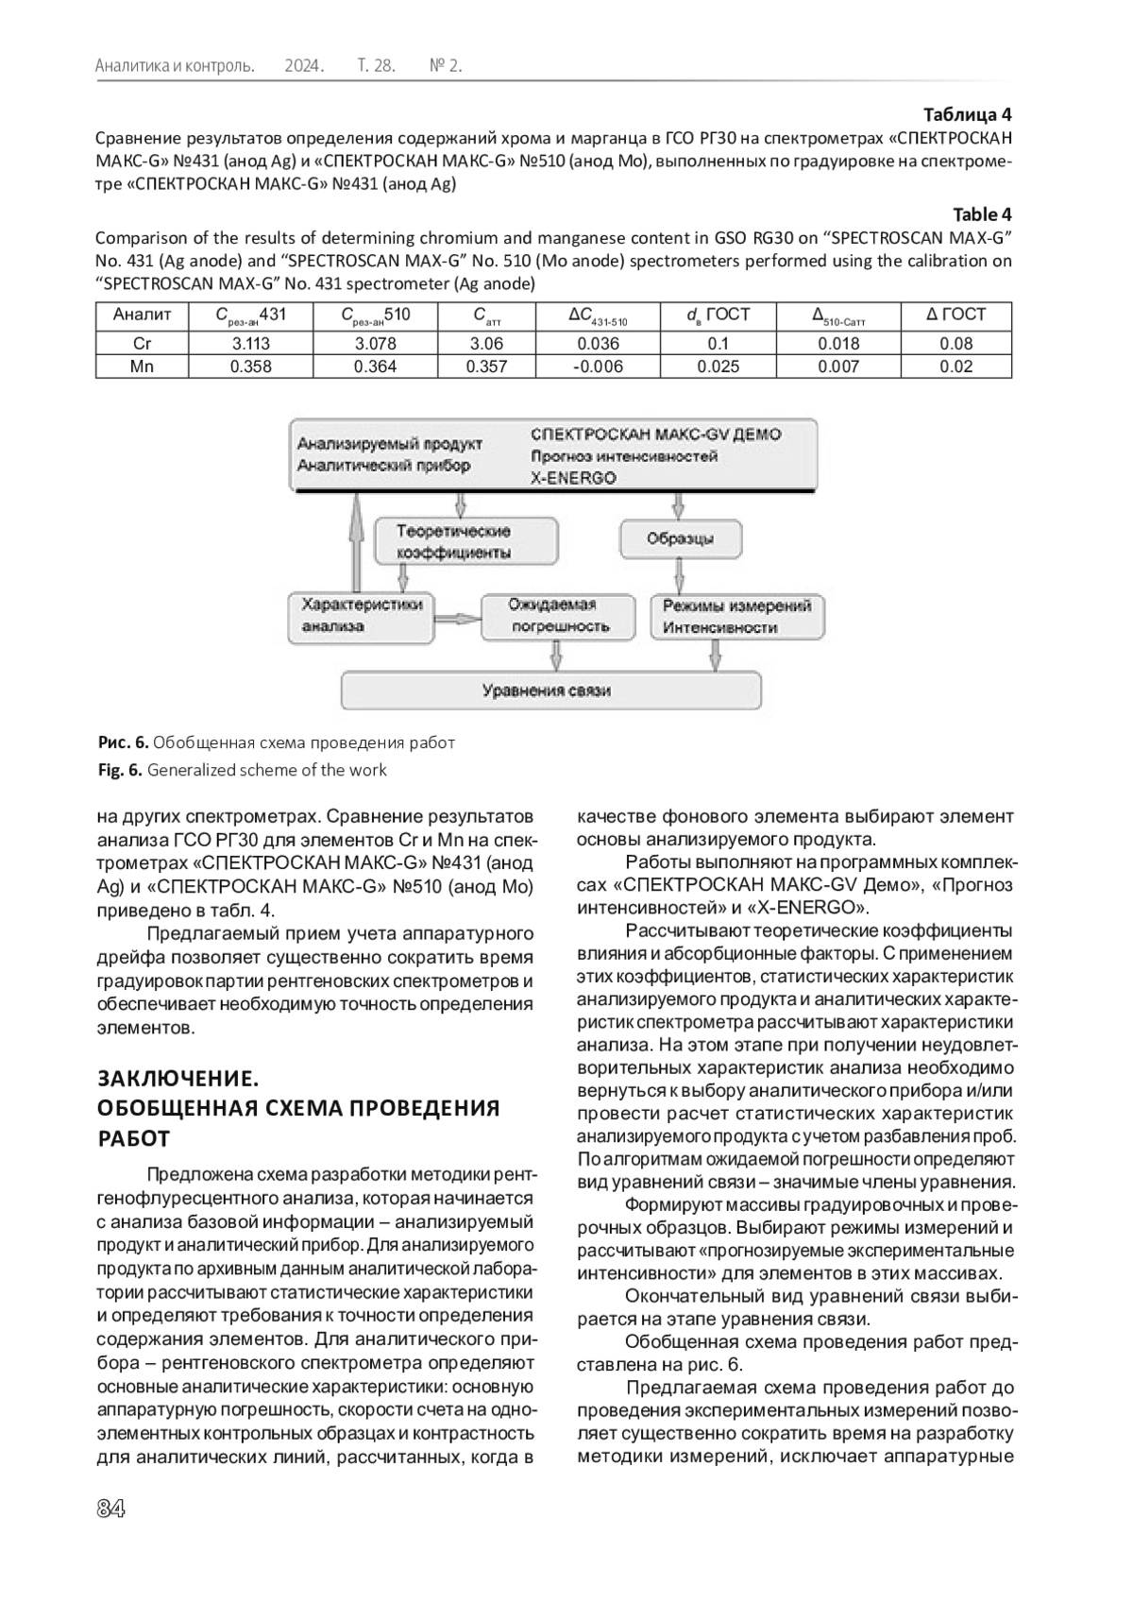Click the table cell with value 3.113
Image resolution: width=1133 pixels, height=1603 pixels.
coord(250,344)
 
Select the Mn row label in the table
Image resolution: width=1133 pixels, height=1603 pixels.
coord(142,367)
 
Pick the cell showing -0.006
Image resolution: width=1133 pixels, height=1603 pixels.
coord(598,367)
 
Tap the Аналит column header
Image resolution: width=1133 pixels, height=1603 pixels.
coord(142,315)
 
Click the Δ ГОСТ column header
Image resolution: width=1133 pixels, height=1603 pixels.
coord(955,315)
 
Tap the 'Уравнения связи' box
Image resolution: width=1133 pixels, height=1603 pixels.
coord(550,691)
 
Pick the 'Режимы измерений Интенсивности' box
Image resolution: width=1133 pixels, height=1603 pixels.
coord(737,616)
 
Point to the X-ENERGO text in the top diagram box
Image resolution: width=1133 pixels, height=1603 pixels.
coord(573,478)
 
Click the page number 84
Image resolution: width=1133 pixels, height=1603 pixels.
coord(110,1509)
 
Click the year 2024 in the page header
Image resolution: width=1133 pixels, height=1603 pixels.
coord(304,66)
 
